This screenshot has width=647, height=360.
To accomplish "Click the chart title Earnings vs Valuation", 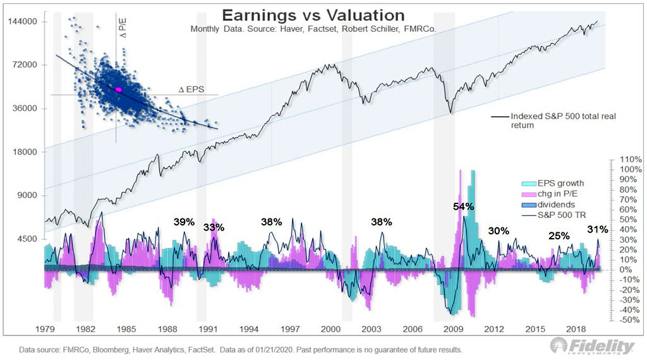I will coord(314,15).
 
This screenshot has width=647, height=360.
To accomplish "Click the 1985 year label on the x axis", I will coord(126,330).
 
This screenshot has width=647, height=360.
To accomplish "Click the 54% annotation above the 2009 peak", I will coord(463,207).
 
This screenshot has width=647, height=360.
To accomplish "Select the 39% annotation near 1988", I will coord(184,222).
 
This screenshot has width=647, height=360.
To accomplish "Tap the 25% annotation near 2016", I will coord(559,236).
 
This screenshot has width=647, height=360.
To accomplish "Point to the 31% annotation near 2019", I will coord(598,229).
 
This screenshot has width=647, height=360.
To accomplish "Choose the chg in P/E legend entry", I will coord(560,194).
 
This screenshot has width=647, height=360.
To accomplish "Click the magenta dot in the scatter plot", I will coord(118,90).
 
